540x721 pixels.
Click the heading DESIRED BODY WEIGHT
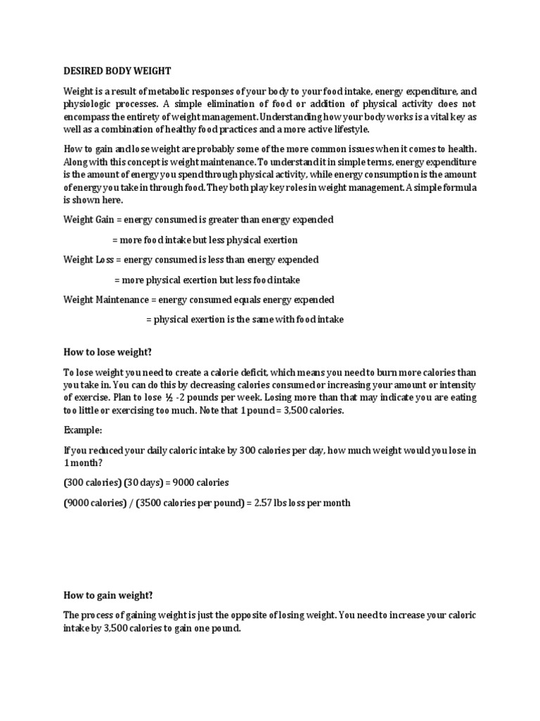(117, 71)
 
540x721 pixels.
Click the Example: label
(82, 429)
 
